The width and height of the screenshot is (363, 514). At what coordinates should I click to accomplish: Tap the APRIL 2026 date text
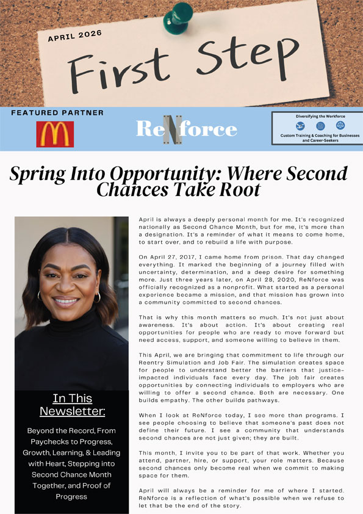[75, 37]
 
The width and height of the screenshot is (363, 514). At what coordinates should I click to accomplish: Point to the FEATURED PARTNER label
[57, 113]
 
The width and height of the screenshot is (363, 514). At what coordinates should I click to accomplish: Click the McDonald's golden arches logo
[55, 134]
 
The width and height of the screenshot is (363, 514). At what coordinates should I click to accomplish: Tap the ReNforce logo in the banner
[186, 128]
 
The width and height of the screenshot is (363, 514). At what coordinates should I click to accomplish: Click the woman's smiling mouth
[66, 301]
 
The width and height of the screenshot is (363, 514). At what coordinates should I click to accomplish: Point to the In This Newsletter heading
[73, 405]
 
